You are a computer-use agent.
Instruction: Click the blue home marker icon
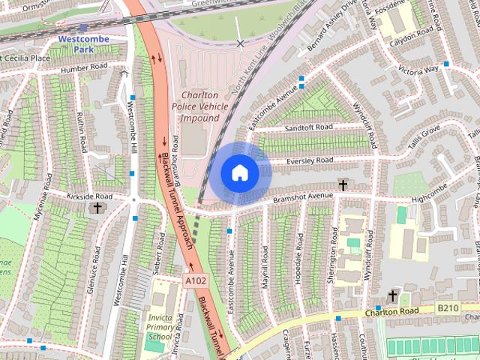coord(239,173)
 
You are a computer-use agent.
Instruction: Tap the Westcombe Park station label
coord(83,43)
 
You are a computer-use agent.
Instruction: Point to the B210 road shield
coord(448,307)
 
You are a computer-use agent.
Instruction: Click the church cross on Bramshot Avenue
coord(343,184)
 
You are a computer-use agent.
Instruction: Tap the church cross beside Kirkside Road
coord(97,208)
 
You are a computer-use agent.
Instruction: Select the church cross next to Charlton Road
coord(391,295)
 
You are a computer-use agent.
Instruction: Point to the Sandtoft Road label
coord(308,128)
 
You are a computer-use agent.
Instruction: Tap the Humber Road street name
coord(85,67)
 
